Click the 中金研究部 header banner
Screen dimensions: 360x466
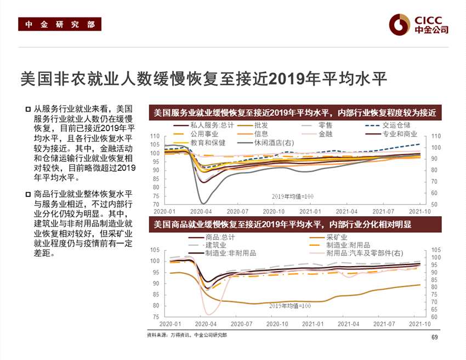pos(60,25)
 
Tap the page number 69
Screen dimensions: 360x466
pos(435,337)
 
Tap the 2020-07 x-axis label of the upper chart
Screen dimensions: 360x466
pos(238,211)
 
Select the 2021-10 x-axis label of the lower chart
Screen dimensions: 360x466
pos(419,324)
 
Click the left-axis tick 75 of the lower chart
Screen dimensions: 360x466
pos(156,317)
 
